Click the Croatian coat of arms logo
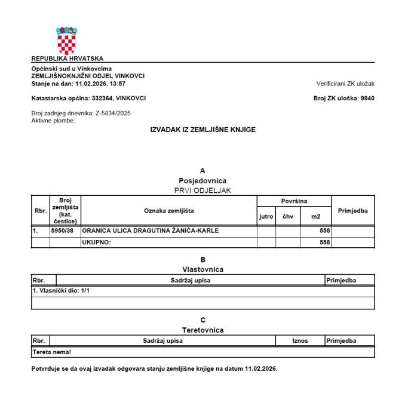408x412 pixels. point(67,40)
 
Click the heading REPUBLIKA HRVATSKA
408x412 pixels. point(67,59)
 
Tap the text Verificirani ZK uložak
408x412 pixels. point(345,84)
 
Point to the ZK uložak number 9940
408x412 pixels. point(367,98)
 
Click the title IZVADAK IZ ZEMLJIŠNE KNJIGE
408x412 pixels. point(203,130)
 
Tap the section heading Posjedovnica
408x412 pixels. point(203,180)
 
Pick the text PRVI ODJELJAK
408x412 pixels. point(203,190)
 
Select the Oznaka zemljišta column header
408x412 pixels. point(169,210)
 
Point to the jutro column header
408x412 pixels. point(266,216)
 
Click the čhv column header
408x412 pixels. point(288,216)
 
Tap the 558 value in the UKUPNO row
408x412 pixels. point(325,242)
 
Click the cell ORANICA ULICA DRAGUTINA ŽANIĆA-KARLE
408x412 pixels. point(150,230)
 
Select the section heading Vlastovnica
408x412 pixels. point(203,269)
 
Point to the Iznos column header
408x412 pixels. point(300,341)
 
